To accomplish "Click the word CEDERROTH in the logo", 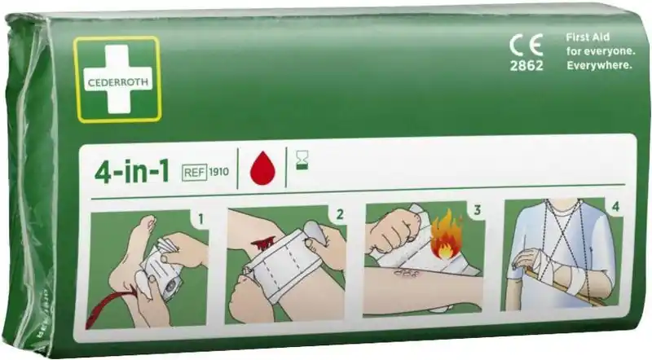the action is click(117, 82).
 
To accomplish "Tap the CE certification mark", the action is click(526, 45).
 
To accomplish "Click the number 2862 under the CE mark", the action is click(526, 66).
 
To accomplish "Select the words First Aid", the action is click(588, 37).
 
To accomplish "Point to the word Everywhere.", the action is click(599, 65).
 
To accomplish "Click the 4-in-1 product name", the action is click(132, 171).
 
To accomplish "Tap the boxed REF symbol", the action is click(194, 172).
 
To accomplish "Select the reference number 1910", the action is click(218, 172).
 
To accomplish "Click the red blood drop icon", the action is click(262, 168).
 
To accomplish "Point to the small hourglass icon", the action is click(302, 160).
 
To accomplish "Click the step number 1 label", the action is click(200, 218).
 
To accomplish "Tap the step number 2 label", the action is click(340, 214).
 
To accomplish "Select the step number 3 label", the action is click(477, 210).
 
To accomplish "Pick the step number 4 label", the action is click(616, 206).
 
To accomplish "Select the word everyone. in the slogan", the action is click(611, 51).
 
